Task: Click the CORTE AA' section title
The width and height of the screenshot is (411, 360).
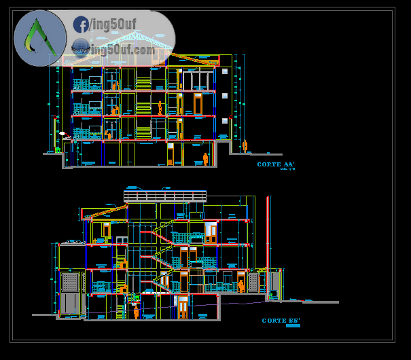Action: (x=276, y=164)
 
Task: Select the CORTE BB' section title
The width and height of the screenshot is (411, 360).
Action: (x=281, y=321)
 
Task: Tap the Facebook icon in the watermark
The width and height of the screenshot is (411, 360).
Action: (x=81, y=25)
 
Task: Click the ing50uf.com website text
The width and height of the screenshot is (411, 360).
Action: (x=122, y=50)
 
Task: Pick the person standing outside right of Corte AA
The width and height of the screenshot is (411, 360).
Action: (x=245, y=146)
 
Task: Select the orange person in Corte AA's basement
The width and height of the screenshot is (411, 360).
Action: (x=205, y=159)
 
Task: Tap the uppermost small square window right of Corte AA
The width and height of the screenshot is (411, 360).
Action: (x=225, y=71)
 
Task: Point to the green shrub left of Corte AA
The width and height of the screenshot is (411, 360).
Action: (x=58, y=149)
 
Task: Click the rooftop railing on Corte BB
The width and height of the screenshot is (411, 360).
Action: (x=164, y=196)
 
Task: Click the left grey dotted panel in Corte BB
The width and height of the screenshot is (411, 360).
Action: (x=70, y=281)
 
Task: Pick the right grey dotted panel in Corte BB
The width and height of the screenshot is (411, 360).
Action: (x=253, y=283)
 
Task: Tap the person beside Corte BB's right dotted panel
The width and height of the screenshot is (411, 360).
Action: (x=241, y=286)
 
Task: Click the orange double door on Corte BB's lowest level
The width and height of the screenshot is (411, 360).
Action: (x=183, y=308)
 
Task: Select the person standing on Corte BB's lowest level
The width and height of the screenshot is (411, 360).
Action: (x=136, y=312)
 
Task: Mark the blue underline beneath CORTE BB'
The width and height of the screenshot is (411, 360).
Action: (x=293, y=326)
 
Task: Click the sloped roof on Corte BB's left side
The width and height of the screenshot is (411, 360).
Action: (x=105, y=211)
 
